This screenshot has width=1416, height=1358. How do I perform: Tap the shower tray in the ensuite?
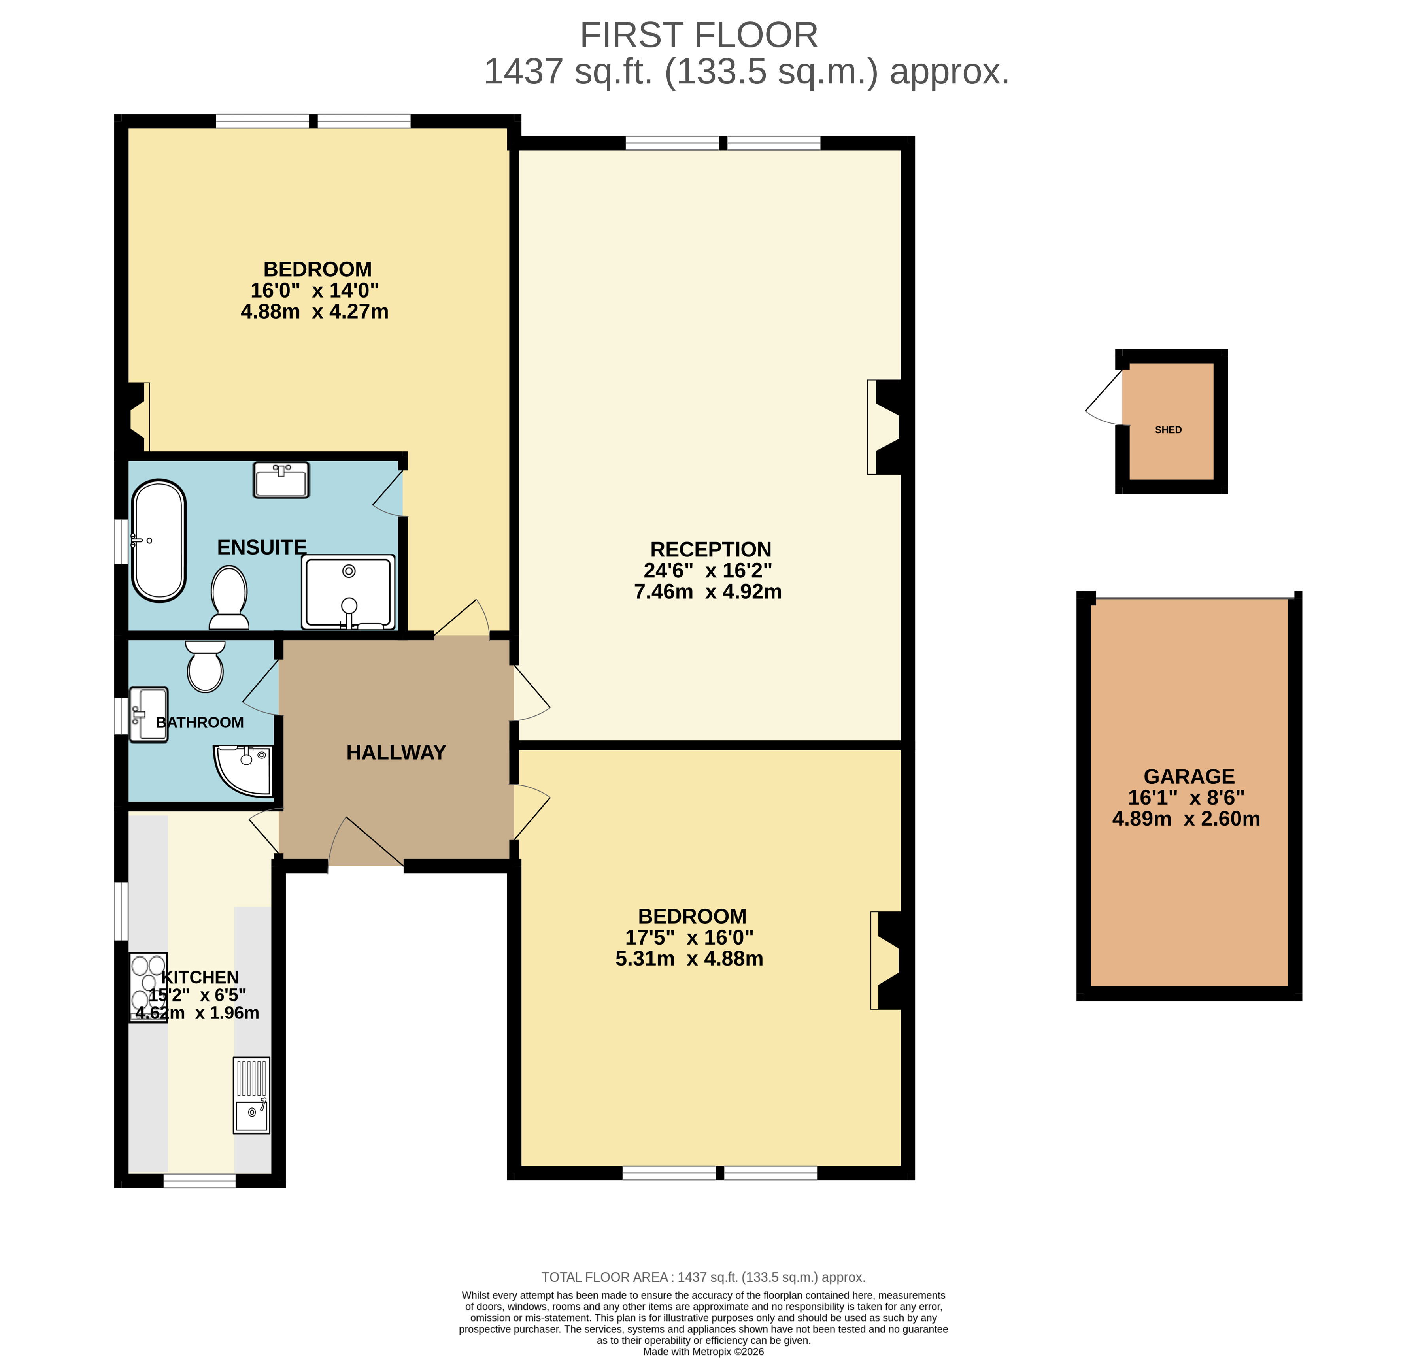pyautogui.click(x=349, y=592)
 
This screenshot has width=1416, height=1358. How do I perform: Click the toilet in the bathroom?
pyautogui.click(x=205, y=666)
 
